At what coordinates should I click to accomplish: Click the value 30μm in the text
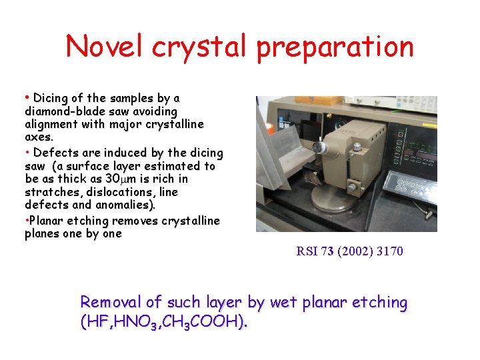[x=122, y=179]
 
